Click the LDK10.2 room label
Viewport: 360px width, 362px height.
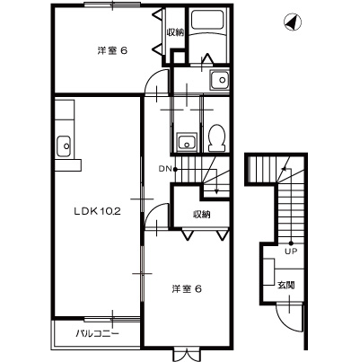[96, 213]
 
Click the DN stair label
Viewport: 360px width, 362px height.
[166, 168]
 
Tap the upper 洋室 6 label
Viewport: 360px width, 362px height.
[111, 50]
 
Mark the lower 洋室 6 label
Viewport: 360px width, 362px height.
[186, 288]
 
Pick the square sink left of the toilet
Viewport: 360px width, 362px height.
[186, 140]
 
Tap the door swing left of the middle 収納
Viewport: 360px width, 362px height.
[158, 216]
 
